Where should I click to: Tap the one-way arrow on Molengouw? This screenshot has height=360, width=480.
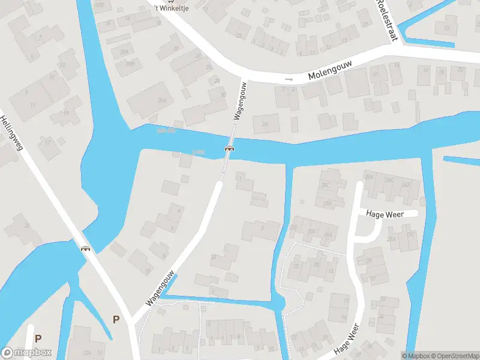coord(289,79)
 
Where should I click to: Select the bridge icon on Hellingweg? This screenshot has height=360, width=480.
coord(86,248)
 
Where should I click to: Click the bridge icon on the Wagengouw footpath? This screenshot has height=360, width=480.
coord(229,148)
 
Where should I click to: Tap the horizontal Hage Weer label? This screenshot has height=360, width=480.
coord(384,214)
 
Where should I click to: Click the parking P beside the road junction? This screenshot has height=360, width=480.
coord(115,319)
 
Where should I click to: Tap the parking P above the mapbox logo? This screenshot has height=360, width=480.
coord(38,338)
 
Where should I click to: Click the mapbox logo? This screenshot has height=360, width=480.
coord(26,352)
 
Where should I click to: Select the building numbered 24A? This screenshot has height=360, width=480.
coord(266,124)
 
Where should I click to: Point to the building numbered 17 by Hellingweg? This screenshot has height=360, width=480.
coord(49,142)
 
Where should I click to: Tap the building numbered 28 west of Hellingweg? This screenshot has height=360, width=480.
coord(25,226)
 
